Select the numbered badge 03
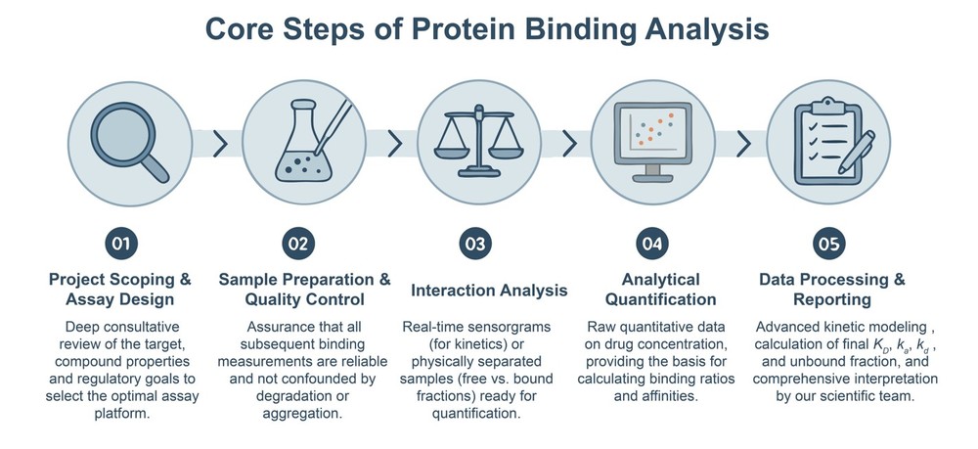pyautogui.click(x=473, y=244)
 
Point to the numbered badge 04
pyautogui.click(x=648, y=244)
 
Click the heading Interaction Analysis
pyautogui.click(x=489, y=291)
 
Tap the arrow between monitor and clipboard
pyautogui.click(x=742, y=144)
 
